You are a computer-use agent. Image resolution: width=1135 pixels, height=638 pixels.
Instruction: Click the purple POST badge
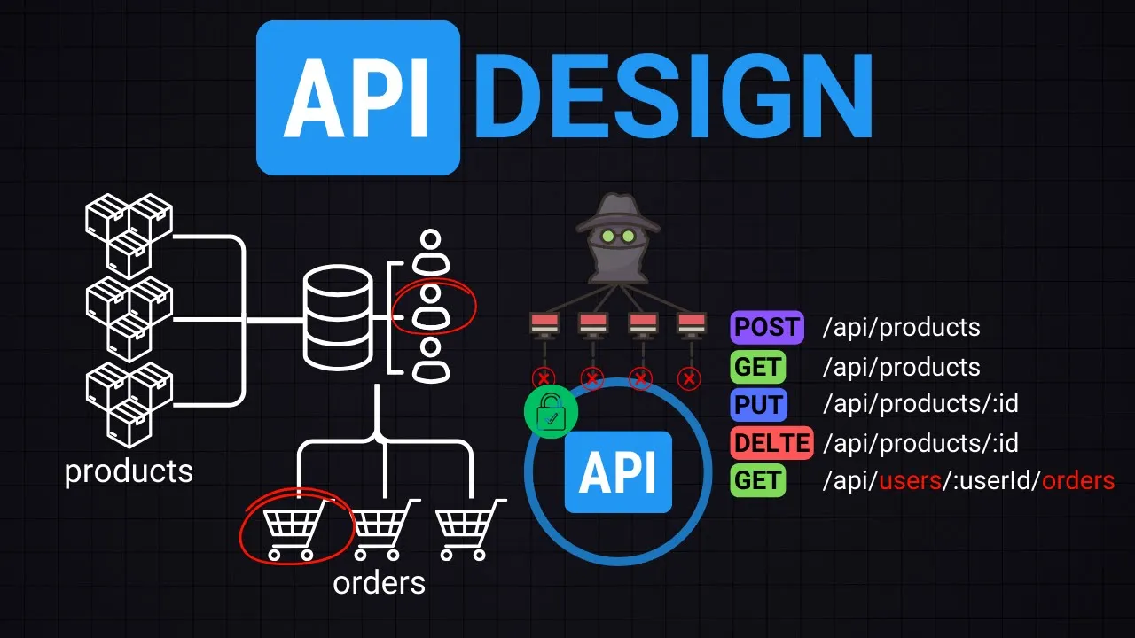[x=766, y=327]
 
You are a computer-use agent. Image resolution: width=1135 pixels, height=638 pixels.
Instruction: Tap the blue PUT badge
[x=758, y=405]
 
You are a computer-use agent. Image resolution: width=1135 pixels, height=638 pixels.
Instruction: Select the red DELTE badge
[x=771, y=443]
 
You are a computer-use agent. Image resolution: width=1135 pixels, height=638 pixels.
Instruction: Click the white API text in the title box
[x=357, y=97]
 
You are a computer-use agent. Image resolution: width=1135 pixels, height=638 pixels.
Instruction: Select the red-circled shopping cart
[x=292, y=531]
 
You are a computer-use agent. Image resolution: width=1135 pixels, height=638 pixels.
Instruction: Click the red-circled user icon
[x=431, y=306]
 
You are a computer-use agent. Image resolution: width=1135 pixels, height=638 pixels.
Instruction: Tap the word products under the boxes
[x=129, y=471]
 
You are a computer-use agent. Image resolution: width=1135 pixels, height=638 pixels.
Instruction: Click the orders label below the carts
[x=379, y=583]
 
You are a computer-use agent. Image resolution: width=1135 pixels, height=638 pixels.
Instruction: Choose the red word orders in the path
[x=1077, y=481]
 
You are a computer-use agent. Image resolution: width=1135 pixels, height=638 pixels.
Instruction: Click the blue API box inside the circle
[x=618, y=472]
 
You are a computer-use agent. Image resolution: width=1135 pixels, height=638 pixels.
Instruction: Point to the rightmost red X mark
[x=689, y=379]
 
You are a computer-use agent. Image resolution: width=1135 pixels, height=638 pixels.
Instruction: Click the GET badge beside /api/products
[x=758, y=367]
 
